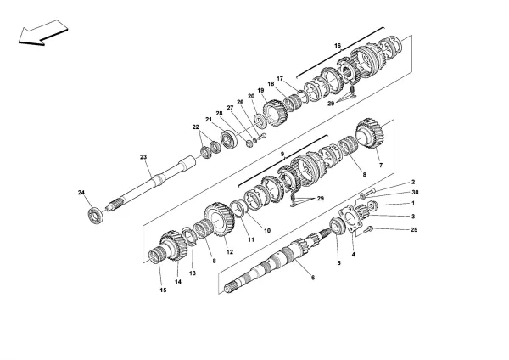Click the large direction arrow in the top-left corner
(x=39, y=34)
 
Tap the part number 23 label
(x=143, y=157)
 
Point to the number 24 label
(x=82, y=194)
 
